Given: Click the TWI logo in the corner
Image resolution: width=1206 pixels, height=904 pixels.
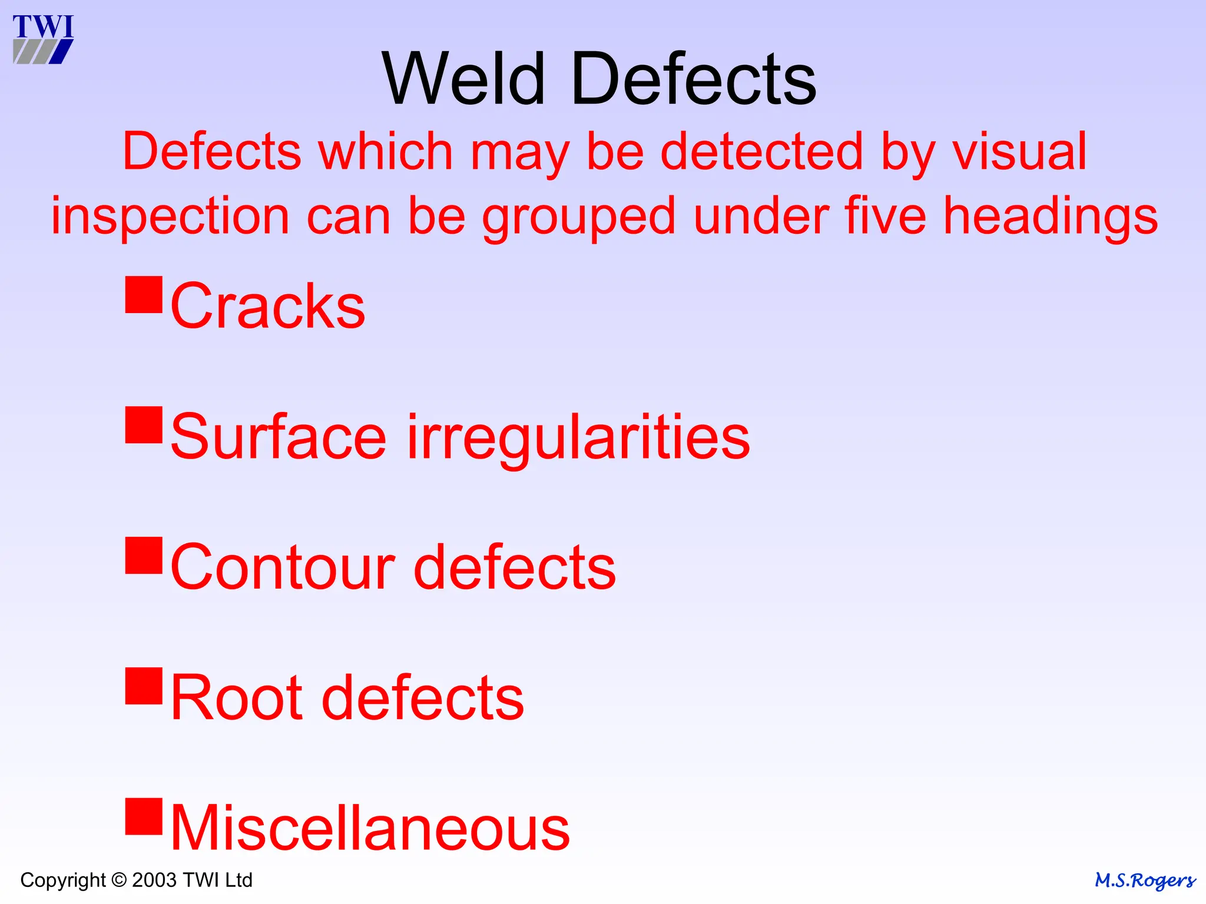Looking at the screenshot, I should [x=43, y=39].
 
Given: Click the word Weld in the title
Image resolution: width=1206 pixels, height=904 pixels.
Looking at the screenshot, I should [x=464, y=79].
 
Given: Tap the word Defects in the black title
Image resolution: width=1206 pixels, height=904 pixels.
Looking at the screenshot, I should [x=694, y=79].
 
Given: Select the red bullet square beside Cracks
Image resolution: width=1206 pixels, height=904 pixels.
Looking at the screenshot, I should [x=144, y=294].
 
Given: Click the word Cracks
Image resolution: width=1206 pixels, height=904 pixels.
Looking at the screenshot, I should [x=268, y=306].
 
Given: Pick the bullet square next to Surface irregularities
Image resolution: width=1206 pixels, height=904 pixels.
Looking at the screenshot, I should [x=144, y=425].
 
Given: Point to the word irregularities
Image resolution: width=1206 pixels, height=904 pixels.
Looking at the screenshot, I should [x=578, y=438].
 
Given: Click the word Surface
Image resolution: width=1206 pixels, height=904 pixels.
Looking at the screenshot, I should [x=279, y=437].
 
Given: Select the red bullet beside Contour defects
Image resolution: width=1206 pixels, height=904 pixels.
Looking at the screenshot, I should [x=144, y=555].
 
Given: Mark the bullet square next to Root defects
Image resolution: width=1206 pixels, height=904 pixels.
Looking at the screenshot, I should [x=144, y=686].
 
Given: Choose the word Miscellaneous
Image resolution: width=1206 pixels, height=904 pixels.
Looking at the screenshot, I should [x=370, y=828].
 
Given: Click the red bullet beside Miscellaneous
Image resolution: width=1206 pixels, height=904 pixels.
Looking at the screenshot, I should [x=144, y=816].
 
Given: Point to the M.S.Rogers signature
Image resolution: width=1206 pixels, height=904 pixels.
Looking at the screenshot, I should [x=1145, y=880].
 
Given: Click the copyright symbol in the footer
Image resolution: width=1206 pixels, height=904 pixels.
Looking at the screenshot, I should [x=119, y=880].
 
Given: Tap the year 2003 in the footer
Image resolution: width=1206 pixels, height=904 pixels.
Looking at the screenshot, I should [x=154, y=880].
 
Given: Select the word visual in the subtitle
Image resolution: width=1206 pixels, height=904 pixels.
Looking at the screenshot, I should [x=1019, y=152].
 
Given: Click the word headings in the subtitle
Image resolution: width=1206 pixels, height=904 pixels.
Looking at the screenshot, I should [x=1051, y=217].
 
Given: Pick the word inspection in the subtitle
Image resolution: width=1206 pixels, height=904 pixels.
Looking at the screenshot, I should [x=170, y=217].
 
